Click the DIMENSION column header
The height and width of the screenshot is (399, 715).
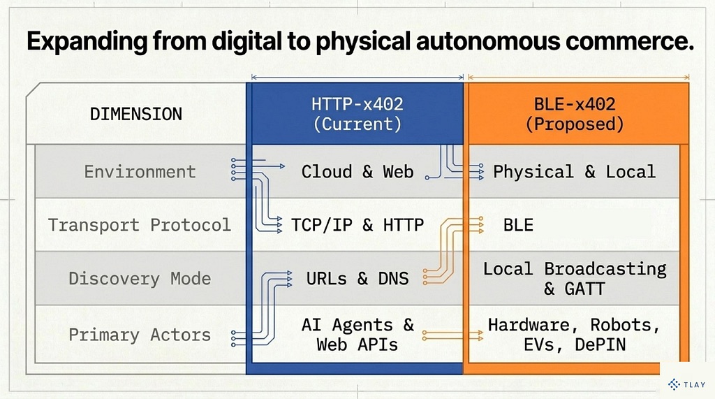136,114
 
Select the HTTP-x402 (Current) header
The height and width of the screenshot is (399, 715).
357,114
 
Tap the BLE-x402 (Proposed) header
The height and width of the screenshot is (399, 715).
575,114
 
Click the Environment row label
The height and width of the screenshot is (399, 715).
140,172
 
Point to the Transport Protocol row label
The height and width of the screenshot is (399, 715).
140,225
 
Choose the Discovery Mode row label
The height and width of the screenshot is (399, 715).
140,279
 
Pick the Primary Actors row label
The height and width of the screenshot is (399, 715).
140,335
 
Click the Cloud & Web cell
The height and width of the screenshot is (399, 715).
357,172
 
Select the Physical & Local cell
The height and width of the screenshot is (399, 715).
574,172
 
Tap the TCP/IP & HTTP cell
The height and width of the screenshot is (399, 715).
357,225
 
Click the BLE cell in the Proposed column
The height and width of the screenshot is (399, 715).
519,225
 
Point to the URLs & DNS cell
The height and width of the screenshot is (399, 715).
357,279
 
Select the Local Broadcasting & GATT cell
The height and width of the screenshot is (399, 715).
575,279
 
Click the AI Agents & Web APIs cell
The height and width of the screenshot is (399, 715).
357,335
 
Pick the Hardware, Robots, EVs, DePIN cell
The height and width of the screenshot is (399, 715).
575,335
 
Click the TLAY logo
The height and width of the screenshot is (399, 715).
687,384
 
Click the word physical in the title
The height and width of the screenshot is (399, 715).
363,42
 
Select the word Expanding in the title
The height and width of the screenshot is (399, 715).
87,42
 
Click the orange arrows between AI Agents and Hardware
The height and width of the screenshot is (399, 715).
453,336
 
